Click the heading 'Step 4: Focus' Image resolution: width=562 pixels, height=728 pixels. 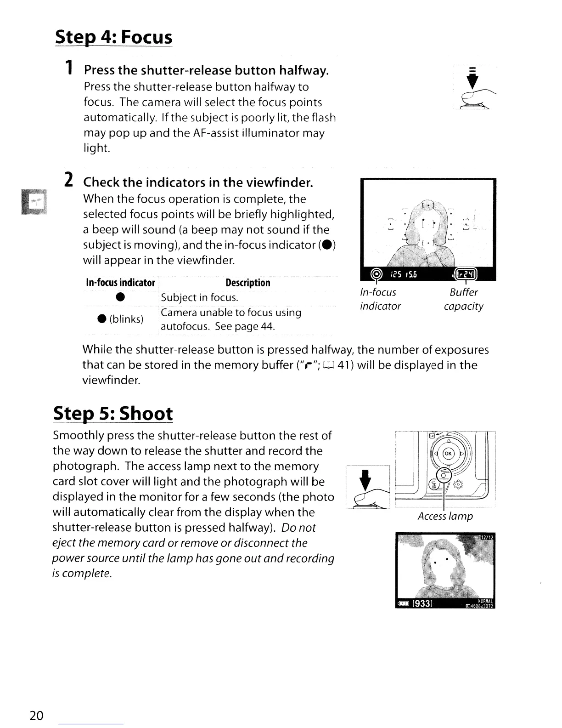[x=113, y=37]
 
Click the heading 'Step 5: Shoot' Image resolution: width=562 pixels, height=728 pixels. [x=113, y=413]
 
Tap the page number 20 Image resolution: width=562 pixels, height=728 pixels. [x=36, y=715]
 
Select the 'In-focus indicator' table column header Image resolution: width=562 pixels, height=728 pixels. [x=121, y=283]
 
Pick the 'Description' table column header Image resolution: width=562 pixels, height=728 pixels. [x=248, y=283]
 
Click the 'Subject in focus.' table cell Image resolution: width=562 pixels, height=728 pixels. [x=199, y=298]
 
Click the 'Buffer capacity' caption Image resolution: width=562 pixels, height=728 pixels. [x=463, y=299]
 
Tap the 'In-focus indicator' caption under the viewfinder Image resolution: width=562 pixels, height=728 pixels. [x=380, y=299]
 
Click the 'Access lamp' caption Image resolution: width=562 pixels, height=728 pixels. [x=445, y=516]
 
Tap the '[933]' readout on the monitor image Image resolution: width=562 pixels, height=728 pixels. [x=422, y=603]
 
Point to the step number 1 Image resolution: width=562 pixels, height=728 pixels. [x=68, y=69]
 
